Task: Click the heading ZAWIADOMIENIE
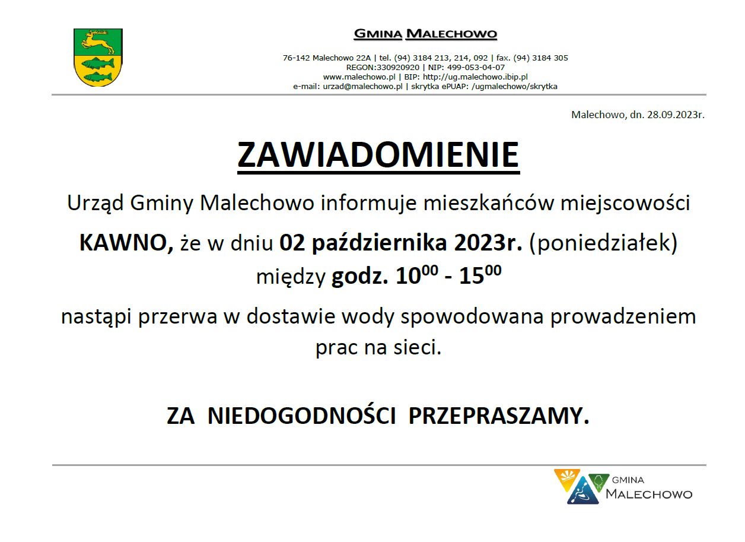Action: point(378,155)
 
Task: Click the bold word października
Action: point(380,243)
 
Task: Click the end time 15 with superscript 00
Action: point(480,275)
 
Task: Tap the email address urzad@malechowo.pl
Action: point(362,87)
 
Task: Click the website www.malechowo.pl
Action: point(359,77)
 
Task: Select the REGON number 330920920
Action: point(398,67)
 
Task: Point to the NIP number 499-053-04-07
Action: point(476,67)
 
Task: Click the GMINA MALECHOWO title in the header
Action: point(425,34)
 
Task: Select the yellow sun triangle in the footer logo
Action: point(566,479)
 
